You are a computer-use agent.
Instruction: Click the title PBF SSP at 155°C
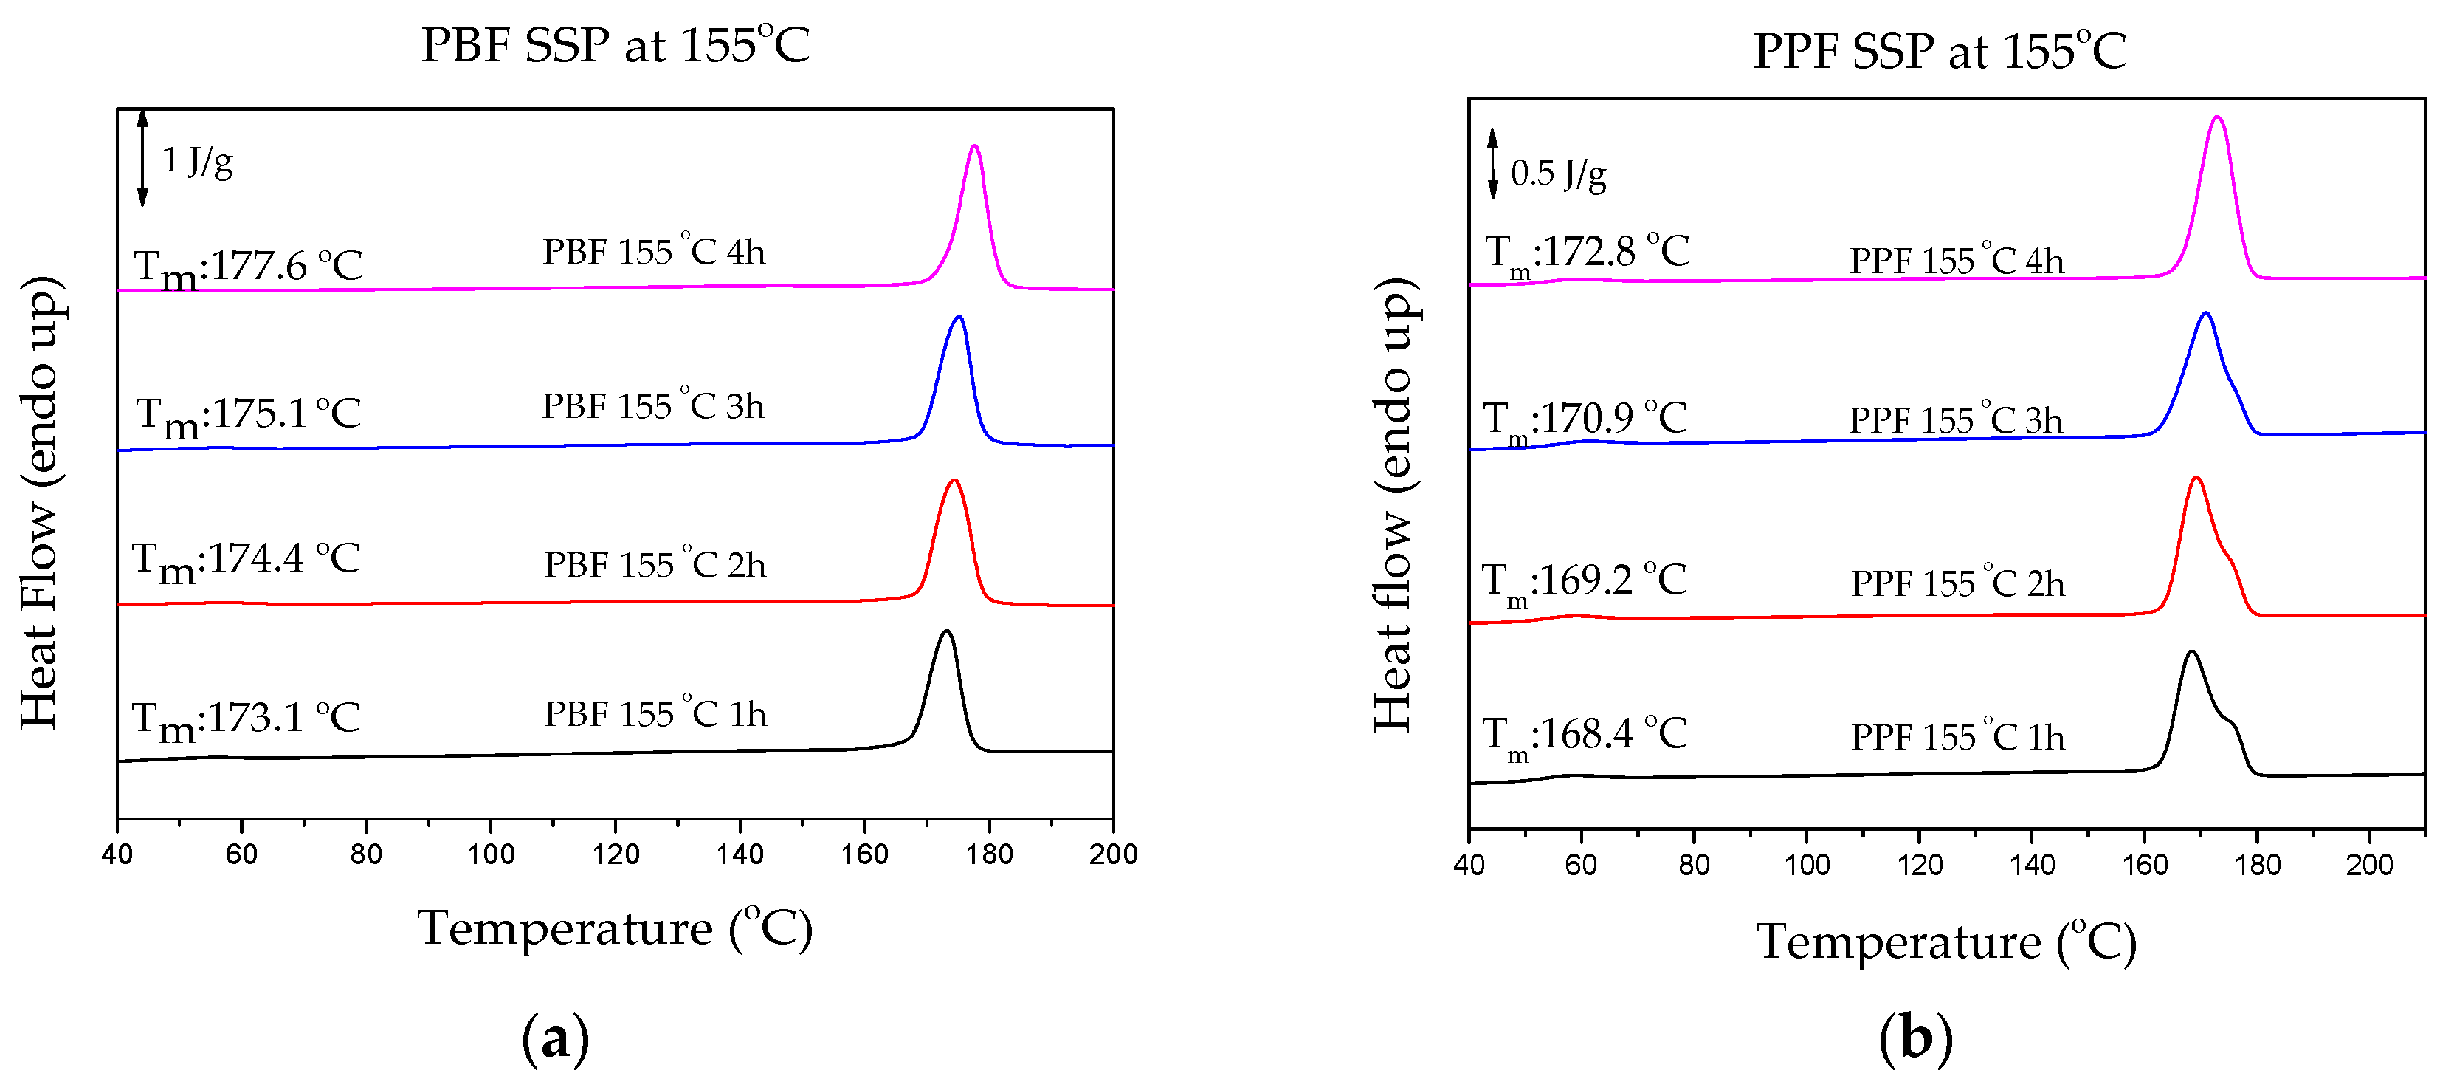[x=616, y=45]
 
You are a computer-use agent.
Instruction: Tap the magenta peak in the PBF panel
[x=973, y=148]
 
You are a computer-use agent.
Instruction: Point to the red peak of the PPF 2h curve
[x=2196, y=479]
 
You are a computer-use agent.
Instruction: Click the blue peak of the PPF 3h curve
[x=2205, y=315]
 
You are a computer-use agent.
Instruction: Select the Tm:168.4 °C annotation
[x=1585, y=736]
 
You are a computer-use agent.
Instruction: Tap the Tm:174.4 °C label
[x=246, y=561]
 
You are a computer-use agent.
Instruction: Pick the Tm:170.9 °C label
[x=1585, y=420]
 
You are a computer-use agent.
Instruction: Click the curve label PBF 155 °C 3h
[x=653, y=407]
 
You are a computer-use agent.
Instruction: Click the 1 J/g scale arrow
[x=143, y=158]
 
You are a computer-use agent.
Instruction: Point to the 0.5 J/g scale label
[x=1559, y=174]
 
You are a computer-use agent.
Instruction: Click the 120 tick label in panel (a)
[x=616, y=854]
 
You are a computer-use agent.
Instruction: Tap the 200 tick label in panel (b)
[x=2369, y=866]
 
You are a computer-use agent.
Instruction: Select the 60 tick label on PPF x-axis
[x=1582, y=866]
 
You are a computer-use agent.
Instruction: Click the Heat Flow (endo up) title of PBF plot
[x=40, y=502]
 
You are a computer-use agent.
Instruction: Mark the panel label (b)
[x=1916, y=1038]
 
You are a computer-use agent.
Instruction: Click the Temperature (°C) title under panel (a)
[x=616, y=929]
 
